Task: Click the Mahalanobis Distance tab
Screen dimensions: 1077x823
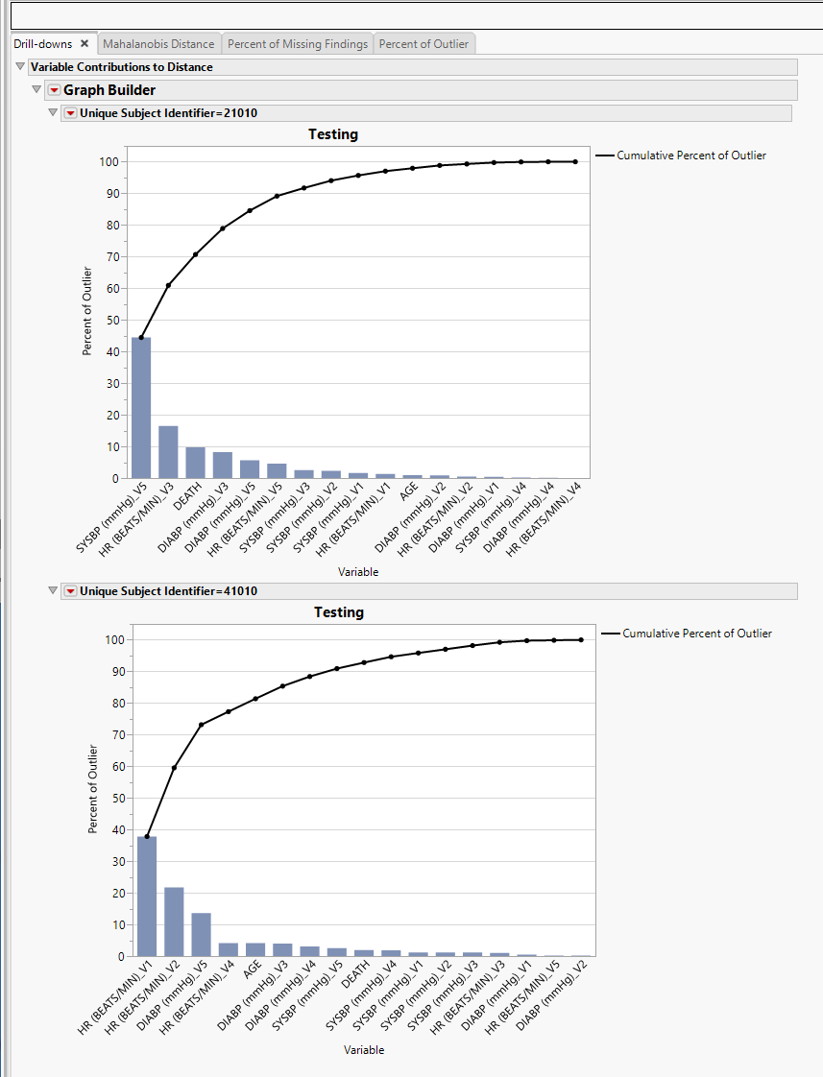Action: click(158, 44)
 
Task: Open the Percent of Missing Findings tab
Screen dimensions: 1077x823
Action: click(298, 44)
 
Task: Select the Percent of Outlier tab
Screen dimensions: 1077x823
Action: click(424, 44)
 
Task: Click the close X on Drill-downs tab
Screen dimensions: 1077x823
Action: click(85, 44)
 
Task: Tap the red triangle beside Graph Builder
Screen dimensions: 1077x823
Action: click(54, 90)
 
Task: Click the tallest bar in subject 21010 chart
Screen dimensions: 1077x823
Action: click(141, 408)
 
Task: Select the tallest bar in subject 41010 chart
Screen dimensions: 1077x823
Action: click(147, 897)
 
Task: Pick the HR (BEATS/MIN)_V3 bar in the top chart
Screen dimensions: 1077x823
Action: click(168, 452)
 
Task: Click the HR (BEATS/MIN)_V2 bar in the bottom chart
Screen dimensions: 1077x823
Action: click(174, 921)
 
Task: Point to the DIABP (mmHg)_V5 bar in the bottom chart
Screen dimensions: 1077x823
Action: click(201, 935)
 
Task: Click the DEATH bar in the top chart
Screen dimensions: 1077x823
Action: click(195, 463)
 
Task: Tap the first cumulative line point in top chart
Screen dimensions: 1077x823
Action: click(141, 338)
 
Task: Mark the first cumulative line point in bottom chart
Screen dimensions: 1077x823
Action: click(147, 837)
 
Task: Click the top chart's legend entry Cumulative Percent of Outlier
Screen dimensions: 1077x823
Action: click(690, 156)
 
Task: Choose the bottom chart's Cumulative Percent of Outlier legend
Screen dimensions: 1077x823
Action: click(696, 634)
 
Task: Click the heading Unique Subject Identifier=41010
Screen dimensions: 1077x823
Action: click(169, 591)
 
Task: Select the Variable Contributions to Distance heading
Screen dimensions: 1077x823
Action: click(122, 67)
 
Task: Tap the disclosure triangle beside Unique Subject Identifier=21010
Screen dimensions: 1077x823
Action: click(53, 112)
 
